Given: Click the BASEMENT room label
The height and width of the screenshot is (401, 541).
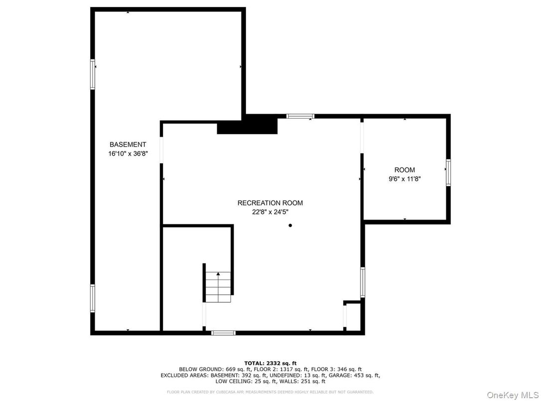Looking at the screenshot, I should [128, 145].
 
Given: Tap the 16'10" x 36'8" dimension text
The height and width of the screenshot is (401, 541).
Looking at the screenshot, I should [128, 154].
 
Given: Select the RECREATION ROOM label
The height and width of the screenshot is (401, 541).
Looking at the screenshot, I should [270, 203].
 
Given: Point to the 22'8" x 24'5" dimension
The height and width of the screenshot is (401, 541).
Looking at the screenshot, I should [270, 212].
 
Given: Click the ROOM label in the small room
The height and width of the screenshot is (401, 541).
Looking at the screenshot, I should [404, 170].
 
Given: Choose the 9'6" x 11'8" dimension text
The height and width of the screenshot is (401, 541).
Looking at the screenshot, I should [404, 179].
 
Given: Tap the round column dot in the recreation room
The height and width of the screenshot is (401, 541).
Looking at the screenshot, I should [290, 225].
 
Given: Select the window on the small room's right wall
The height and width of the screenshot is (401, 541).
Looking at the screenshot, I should [448, 173].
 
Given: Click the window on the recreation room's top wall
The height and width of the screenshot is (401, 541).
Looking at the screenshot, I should [300, 116].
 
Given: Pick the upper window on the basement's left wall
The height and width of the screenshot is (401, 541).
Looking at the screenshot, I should [93, 74].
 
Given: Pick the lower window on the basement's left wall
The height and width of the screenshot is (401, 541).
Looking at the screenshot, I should [93, 298].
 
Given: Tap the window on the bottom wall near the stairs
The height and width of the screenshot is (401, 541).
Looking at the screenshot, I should [223, 332].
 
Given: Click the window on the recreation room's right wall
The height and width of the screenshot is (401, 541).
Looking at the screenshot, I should [362, 282].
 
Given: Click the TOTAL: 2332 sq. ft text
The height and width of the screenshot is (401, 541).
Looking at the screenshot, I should [270, 363].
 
